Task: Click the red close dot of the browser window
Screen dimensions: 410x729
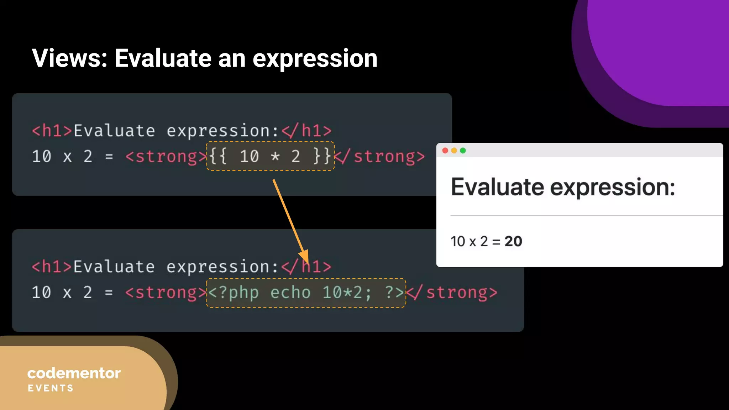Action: click(445, 151)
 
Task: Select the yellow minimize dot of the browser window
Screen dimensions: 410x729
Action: click(454, 151)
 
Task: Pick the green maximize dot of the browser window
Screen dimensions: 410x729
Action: click(463, 151)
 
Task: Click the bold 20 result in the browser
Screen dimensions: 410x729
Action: click(513, 242)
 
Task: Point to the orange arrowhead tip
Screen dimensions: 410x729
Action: click(307, 262)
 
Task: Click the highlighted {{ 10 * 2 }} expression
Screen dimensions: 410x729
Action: click(270, 156)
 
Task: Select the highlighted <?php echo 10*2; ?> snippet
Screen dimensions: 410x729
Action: click(306, 293)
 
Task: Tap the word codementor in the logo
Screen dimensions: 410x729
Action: click(74, 373)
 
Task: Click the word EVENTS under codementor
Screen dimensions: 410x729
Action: click(51, 388)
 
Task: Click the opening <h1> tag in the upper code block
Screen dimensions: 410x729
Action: click(52, 131)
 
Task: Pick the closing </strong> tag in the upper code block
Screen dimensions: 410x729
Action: click(380, 157)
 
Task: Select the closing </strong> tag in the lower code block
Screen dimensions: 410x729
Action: click(452, 293)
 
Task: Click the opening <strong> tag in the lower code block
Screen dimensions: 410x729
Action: click(166, 293)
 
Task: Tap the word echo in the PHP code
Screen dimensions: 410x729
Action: click(290, 293)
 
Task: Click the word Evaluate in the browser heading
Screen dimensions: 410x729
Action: click(497, 187)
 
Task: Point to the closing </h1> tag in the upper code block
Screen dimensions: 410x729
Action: click(306, 131)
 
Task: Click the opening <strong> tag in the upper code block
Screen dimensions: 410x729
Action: click(166, 157)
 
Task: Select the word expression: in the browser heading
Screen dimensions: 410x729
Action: click(613, 188)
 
